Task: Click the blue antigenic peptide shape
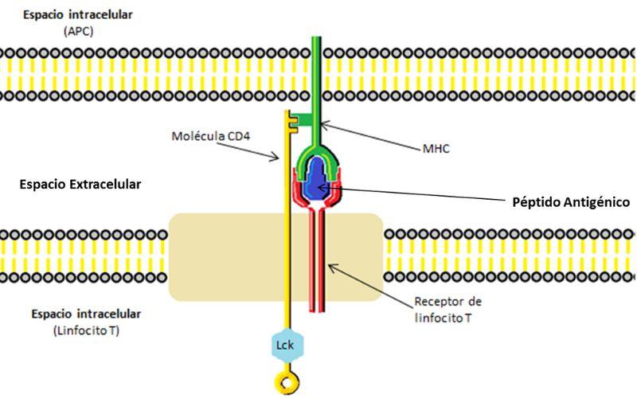[x=318, y=179]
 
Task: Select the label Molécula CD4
[x=210, y=135]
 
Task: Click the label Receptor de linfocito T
[x=447, y=308]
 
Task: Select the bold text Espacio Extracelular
[x=80, y=184]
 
